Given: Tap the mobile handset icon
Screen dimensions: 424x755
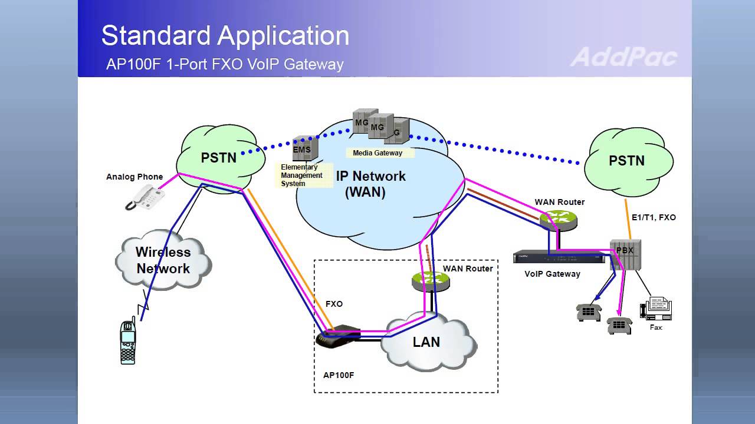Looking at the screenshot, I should coord(128,342).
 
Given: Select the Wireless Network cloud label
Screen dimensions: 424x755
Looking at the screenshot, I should coord(163,260).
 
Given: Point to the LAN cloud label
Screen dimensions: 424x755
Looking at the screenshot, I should coord(426,342).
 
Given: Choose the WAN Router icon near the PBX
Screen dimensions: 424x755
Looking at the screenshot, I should coord(557,219).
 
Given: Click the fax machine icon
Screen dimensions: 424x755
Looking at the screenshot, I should coord(656,309).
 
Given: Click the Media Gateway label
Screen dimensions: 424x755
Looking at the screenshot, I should coord(377,153).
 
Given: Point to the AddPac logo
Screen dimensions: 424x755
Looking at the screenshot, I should coord(623,57).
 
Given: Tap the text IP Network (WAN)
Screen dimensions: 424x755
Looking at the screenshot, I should coord(370,184).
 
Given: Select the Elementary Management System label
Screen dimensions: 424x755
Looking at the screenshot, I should coord(301,175).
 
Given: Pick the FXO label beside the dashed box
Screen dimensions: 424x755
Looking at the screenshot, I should coord(334,304).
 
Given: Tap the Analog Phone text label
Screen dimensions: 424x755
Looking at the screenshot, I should coord(134,177).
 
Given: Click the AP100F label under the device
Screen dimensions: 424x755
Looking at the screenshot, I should coord(339,375).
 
